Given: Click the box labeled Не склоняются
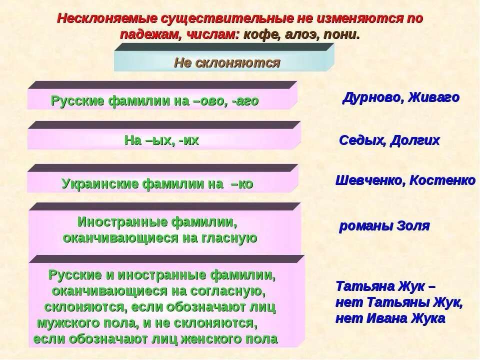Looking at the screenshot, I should [227, 63].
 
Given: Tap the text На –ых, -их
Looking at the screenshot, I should [161, 141].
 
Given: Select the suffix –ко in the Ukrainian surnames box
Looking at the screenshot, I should [242, 184].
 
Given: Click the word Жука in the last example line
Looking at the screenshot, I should [427, 318].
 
